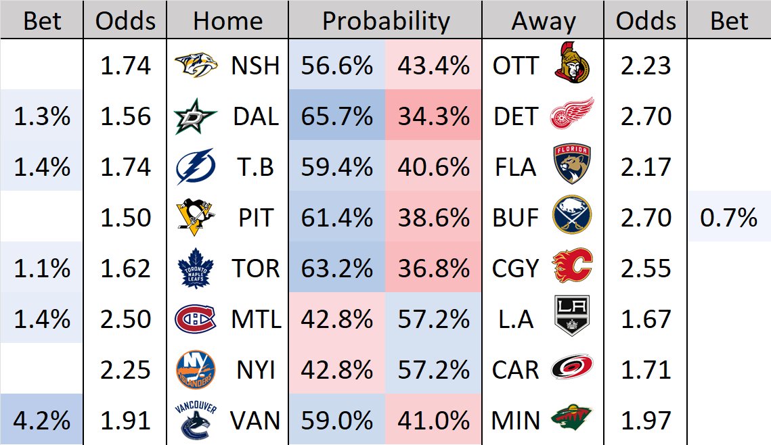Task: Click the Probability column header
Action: coord(385,21)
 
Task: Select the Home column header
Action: coord(227,21)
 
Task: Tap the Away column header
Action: coord(543,21)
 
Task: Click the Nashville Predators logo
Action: coord(196,66)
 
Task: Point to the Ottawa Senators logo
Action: coord(573,66)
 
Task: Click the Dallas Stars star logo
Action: coord(196,116)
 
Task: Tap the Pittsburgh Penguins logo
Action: coord(196,217)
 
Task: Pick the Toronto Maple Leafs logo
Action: coord(196,268)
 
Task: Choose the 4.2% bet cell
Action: coord(42,420)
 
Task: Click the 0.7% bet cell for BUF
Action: coord(730,217)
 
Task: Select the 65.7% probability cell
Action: coord(337,116)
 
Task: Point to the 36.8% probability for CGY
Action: coord(434,268)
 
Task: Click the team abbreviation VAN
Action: coord(255,420)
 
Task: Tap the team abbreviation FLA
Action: coord(516,167)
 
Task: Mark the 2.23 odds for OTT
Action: coord(645,66)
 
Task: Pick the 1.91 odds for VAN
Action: coord(125,420)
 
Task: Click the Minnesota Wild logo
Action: coord(573,420)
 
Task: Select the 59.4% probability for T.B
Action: coord(337,167)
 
